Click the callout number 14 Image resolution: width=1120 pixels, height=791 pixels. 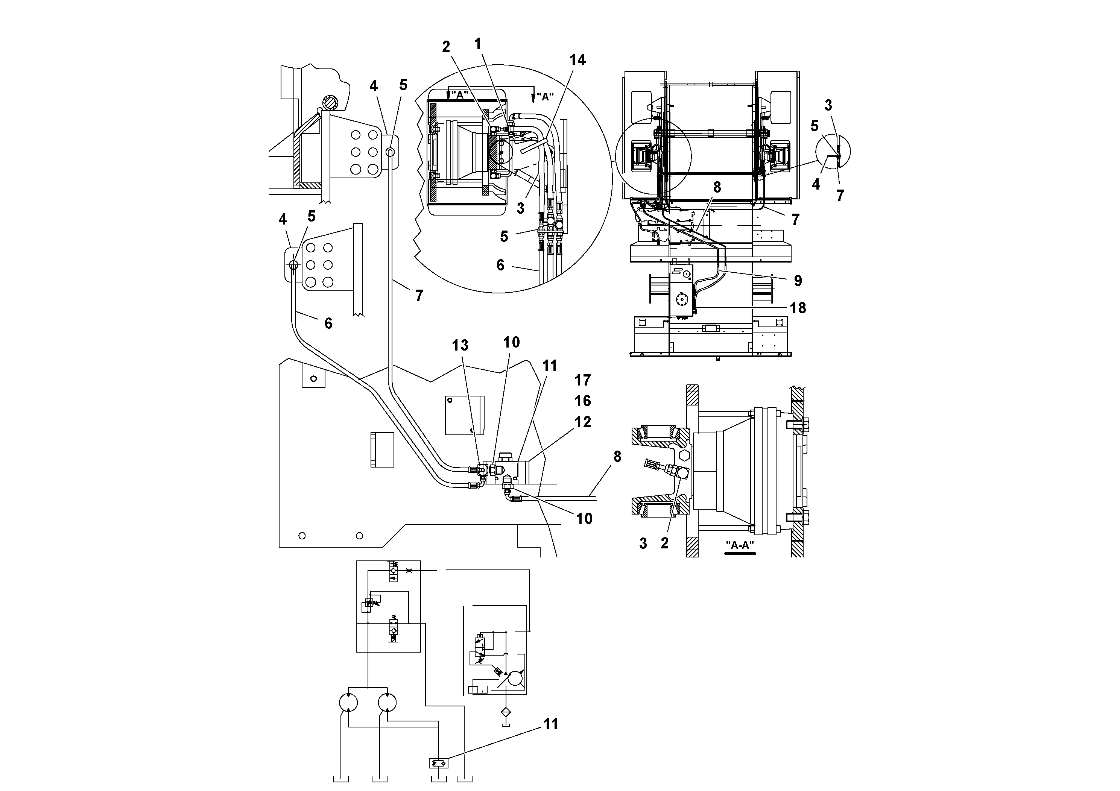click(x=577, y=60)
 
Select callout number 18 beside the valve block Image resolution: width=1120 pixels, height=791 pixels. click(x=798, y=308)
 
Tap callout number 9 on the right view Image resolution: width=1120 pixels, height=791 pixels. click(x=798, y=281)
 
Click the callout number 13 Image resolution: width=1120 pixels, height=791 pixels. click(x=459, y=345)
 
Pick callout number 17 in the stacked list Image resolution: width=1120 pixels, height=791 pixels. click(x=582, y=380)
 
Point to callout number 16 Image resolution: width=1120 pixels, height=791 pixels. click(x=582, y=401)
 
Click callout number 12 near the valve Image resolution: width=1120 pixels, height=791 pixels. click(x=582, y=422)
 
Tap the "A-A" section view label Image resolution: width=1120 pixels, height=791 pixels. click(x=740, y=545)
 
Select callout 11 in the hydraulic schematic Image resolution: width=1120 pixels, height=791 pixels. click(x=550, y=724)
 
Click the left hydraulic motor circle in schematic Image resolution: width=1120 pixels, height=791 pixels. click(x=348, y=703)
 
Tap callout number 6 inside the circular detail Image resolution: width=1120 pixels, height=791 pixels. click(x=500, y=265)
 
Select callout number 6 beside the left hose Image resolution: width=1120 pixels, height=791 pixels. click(x=328, y=323)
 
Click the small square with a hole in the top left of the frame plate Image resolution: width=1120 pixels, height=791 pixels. click(x=313, y=378)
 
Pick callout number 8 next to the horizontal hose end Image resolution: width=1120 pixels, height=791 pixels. click(x=617, y=457)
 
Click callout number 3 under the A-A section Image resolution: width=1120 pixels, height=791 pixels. click(x=643, y=543)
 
